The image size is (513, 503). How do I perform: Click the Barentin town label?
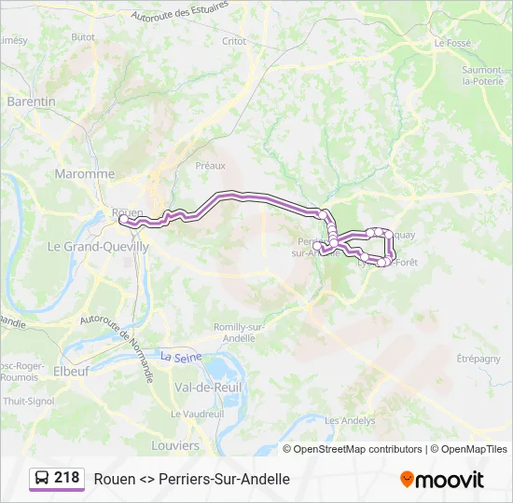click(31, 102)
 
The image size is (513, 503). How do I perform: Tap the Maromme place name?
click(84, 174)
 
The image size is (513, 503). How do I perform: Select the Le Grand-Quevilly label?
click(98, 247)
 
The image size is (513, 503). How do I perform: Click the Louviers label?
click(175, 445)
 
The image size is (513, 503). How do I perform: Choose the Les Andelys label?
click(350, 420)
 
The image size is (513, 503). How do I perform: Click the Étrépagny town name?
click(480, 358)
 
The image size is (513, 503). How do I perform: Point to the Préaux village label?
click(211, 165)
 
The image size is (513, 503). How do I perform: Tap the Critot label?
click(234, 41)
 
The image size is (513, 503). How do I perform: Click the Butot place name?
click(83, 36)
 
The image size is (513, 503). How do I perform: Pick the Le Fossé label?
click(452, 43)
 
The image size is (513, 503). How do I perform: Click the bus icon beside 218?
click(42, 479)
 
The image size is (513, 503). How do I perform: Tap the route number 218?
click(67, 478)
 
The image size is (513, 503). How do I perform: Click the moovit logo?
click(442, 480)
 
